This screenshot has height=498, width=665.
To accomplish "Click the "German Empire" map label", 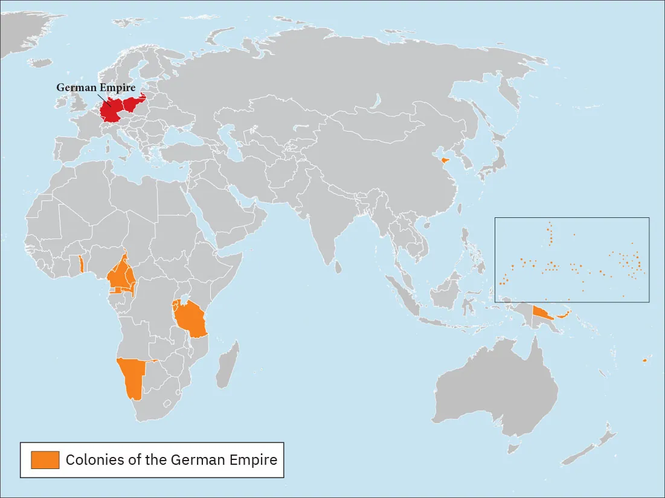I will pyautogui.click(x=95, y=88).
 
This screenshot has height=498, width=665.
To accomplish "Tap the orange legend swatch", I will pyautogui.click(x=45, y=460).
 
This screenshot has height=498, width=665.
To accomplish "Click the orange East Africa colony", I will pyautogui.click(x=190, y=320).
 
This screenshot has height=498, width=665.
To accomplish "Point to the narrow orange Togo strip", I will pyautogui.click(x=81, y=264).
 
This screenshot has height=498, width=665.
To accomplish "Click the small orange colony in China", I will pyautogui.click(x=445, y=161).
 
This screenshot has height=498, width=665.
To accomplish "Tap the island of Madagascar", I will pyautogui.click(x=226, y=366).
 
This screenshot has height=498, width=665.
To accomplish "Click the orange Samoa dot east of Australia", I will pyautogui.click(x=644, y=360).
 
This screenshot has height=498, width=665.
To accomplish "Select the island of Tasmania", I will pyautogui.click(x=514, y=447).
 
